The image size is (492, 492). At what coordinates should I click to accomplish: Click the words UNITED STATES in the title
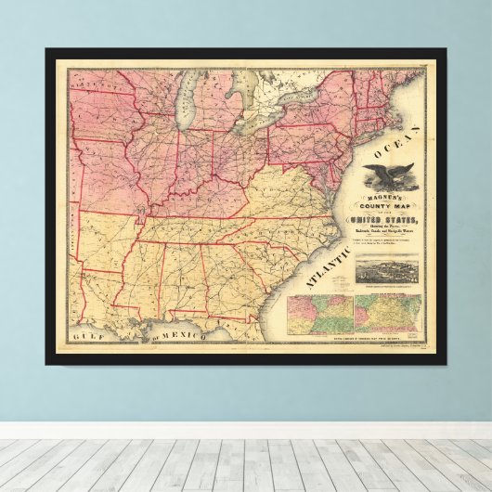379,219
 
